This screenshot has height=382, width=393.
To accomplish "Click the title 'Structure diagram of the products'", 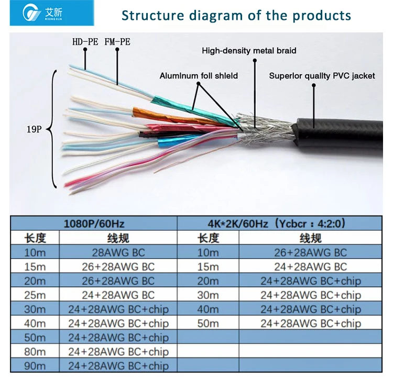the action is tap(236, 15).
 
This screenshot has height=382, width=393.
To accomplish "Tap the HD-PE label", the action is tap(85, 41).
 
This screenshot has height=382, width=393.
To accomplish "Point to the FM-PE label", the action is tap(117, 41).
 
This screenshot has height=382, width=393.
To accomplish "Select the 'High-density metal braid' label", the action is tap(249, 51).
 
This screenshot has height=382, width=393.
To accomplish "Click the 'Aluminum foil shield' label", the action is tap(199, 76).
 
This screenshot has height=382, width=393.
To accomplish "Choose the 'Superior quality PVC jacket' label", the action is tap(322, 76).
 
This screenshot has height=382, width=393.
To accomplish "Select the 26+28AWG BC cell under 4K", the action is tap(311, 252).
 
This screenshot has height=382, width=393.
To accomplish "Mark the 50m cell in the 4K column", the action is tap(208, 323).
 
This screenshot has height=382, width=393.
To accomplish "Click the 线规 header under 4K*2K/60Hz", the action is tap(311, 238).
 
